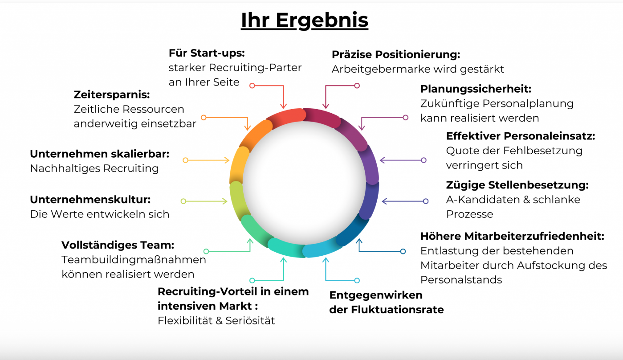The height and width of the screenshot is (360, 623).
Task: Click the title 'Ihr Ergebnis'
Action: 305,20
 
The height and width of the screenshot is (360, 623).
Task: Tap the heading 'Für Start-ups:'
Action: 207,53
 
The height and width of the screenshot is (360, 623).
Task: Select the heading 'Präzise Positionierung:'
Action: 395,55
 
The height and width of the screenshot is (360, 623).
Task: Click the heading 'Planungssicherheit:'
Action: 476,89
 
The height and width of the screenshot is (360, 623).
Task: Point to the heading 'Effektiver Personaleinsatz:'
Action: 520,136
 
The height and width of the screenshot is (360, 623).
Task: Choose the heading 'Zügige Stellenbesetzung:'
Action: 517,185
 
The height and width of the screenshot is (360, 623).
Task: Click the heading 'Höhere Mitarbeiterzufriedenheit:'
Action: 512,236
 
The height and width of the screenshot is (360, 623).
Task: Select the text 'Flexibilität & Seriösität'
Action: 216,320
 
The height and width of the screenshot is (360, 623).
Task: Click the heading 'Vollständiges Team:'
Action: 118,245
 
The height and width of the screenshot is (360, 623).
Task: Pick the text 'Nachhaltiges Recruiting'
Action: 94,168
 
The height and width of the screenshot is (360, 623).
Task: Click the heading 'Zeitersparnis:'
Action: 111,94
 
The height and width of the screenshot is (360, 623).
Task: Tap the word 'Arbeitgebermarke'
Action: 374,69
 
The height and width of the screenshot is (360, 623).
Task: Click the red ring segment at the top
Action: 285,117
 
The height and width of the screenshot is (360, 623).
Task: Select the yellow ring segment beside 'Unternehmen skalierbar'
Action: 239,163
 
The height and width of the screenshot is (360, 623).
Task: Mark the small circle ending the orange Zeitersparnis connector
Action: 204,118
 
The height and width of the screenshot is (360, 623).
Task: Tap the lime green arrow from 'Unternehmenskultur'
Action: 205,201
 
